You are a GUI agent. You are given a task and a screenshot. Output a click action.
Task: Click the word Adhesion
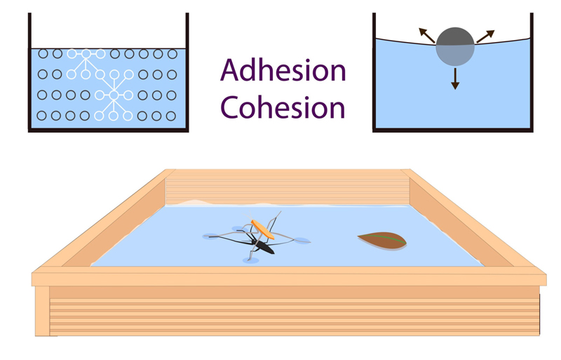point(283,71)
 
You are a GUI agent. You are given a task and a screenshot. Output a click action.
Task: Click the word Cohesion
point(283,107)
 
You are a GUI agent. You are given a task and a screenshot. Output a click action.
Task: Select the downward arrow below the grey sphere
point(455,77)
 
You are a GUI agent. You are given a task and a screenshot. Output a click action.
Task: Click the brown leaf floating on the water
point(381,240)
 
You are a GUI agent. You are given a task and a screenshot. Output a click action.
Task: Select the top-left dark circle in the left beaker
point(43,53)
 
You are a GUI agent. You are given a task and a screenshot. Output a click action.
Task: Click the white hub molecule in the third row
point(114,95)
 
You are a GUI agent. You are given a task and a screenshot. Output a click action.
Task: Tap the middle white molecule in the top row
point(86,53)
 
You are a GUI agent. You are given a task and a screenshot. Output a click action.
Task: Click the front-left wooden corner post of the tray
point(42,309)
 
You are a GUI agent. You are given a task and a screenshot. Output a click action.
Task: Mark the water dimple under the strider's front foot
point(250,260)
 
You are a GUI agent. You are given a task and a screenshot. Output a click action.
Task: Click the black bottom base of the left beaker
point(109,131)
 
